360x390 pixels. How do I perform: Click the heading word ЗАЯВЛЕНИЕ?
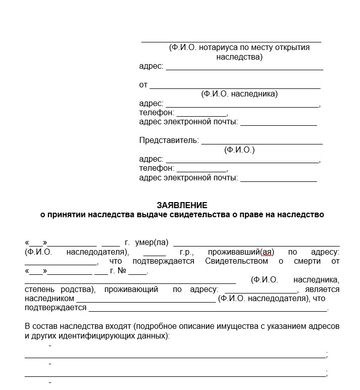182,205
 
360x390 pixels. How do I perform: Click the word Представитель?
168,140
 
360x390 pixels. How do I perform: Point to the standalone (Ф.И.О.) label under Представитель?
239,150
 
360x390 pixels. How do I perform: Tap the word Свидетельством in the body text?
237,261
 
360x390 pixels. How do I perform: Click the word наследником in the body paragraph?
49,299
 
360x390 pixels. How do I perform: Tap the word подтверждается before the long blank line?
55,308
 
